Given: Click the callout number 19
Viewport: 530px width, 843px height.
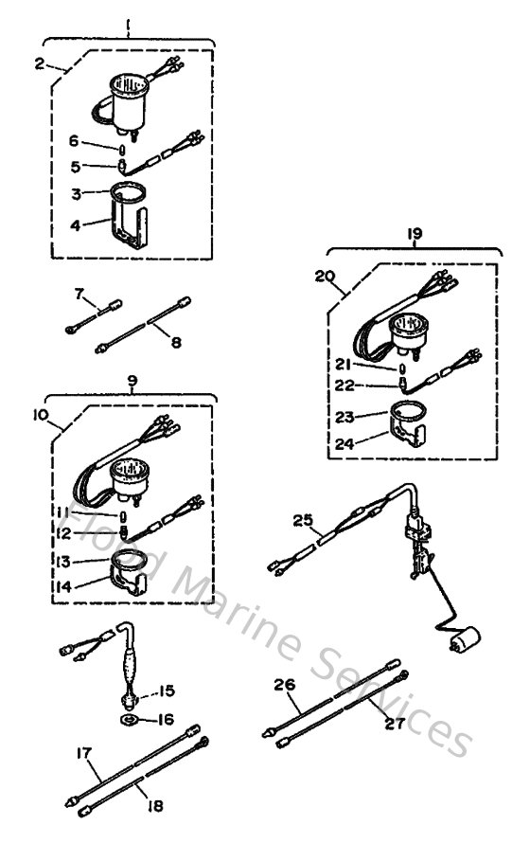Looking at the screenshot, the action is tap(415, 233).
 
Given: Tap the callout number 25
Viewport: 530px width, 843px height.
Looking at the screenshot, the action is tap(302, 520).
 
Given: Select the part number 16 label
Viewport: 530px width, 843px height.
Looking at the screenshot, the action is tap(166, 719).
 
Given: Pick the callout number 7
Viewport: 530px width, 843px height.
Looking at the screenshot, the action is tap(79, 294).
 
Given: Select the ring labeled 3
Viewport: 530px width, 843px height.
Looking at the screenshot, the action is tap(128, 192).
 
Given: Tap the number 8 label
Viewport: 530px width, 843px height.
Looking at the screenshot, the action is tap(176, 342).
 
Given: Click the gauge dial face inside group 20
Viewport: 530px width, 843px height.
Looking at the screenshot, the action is tap(410, 325).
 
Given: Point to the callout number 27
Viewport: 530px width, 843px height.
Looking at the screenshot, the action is tap(395, 724).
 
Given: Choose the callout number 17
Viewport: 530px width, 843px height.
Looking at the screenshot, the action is tap(84, 753).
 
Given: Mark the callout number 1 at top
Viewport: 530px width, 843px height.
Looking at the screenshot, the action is tap(128, 25).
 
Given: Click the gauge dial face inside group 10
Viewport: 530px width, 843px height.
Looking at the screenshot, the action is tap(129, 468).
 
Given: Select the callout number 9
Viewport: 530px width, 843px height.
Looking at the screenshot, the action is tap(132, 381).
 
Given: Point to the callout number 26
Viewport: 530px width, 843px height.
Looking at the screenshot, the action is tap(285, 685).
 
